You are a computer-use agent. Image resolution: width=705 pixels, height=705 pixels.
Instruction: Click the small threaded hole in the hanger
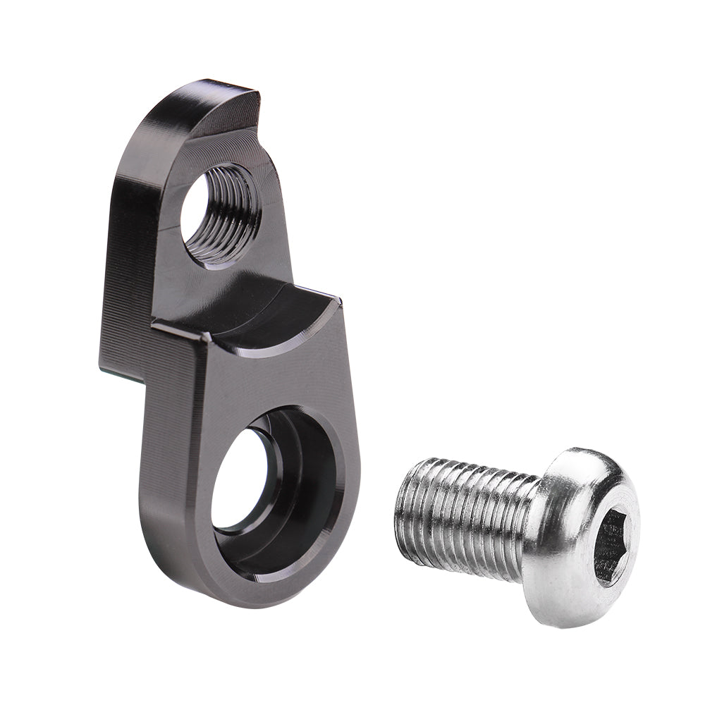220,215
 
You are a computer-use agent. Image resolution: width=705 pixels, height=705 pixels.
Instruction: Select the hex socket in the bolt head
612,543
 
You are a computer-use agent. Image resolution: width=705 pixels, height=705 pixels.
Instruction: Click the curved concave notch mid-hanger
282,317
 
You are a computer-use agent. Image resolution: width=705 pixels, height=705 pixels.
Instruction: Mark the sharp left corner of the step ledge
154,326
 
